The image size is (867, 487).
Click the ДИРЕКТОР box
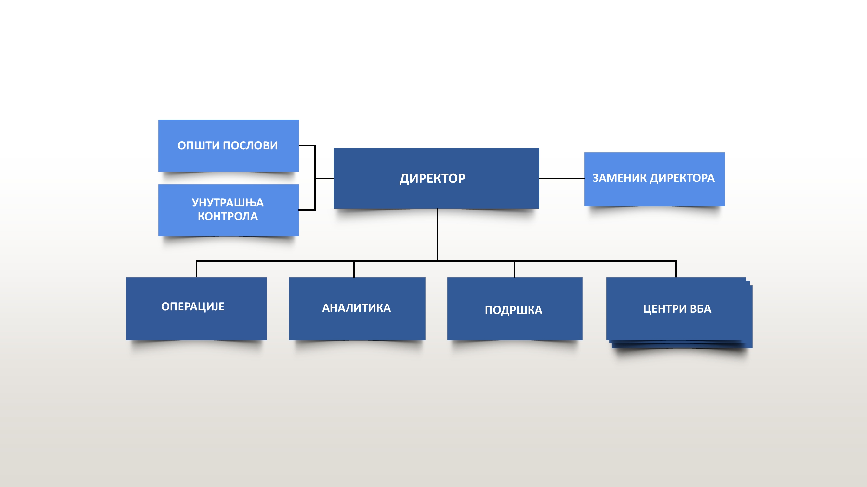pyautogui.click(x=436, y=178)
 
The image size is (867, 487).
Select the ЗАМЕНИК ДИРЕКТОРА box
pyautogui.click(x=654, y=179)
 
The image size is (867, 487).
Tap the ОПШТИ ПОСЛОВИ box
pyautogui.click(x=229, y=146)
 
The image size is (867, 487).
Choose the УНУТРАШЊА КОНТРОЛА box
pyautogui.click(x=229, y=210)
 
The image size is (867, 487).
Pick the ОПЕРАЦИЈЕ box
pyautogui.click(x=196, y=308)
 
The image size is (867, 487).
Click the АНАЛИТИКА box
pyautogui.click(x=357, y=308)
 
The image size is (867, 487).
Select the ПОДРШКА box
pyautogui.click(x=515, y=308)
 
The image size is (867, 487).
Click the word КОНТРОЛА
pyautogui.click(x=228, y=216)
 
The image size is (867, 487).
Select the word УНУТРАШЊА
pyautogui.click(x=228, y=203)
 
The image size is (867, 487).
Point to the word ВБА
pyautogui.click(x=701, y=308)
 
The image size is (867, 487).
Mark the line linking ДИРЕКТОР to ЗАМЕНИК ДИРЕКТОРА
pyautogui.click(x=562, y=178)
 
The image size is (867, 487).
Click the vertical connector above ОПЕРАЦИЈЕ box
pyautogui.click(x=197, y=269)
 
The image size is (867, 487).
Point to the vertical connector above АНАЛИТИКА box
pyautogui.click(x=354, y=269)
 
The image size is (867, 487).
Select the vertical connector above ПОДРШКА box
pyautogui.click(x=515, y=269)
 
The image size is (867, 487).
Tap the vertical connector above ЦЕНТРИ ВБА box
pyautogui.click(x=676, y=269)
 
